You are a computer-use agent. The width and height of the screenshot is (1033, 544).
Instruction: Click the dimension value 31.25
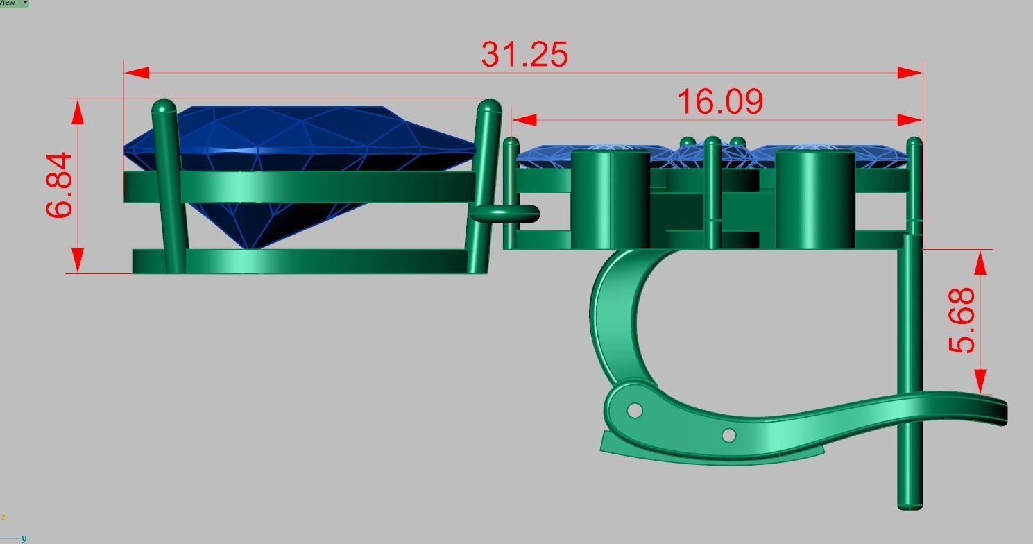(x=524, y=54)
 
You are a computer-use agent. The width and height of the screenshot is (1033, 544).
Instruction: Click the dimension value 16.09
(x=719, y=102)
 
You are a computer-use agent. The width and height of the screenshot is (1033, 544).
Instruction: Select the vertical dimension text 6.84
(x=60, y=185)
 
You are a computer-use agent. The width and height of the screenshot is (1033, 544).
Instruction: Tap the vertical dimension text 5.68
(x=962, y=321)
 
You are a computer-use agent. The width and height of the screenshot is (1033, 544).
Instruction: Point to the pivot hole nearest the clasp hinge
(x=634, y=411)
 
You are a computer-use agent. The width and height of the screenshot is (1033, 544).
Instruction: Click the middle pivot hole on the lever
(x=728, y=435)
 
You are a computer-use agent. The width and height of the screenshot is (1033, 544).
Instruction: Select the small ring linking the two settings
(x=505, y=214)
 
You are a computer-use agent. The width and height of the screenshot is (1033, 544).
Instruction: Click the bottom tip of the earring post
(x=910, y=506)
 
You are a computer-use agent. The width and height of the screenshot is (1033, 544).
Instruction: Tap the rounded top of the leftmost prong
(x=164, y=107)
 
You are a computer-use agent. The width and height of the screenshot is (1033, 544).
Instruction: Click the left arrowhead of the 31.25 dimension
(x=136, y=73)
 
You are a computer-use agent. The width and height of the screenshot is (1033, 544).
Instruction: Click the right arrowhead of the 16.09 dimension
(x=910, y=120)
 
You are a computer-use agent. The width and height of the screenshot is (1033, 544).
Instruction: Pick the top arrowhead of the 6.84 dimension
(x=77, y=111)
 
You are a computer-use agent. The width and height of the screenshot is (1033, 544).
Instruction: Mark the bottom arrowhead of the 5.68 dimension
(x=980, y=382)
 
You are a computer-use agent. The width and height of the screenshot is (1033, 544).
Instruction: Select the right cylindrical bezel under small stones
(x=814, y=199)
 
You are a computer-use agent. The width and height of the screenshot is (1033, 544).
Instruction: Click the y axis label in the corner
(x=24, y=538)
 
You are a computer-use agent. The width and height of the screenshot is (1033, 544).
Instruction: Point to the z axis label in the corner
(x=3, y=518)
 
